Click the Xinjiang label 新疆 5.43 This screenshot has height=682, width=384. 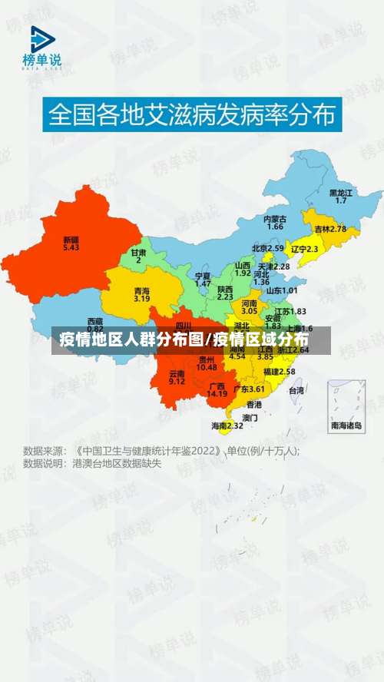point(71,243)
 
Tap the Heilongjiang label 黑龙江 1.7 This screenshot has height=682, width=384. point(341,196)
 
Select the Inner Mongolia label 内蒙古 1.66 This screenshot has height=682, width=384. point(275,223)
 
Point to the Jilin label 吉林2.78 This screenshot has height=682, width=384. point(330,229)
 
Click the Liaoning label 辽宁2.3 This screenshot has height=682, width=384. point(304,249)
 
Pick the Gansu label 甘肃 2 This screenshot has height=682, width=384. point(138,256)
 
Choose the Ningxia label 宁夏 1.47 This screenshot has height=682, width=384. point(203,280)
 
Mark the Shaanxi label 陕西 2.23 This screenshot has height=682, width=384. point(225,292)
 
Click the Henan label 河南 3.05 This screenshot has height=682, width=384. point(250,307)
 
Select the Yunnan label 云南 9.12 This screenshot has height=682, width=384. point(177,377)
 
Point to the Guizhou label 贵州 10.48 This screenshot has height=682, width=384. point(207,363)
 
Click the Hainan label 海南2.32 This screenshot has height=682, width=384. point(227,425)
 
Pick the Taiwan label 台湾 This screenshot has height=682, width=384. point(296,390)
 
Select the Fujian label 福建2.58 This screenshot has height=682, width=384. point(279,371)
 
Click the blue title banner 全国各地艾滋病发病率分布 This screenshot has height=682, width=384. point(192,115)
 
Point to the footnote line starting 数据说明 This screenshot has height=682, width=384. point(92,464)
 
